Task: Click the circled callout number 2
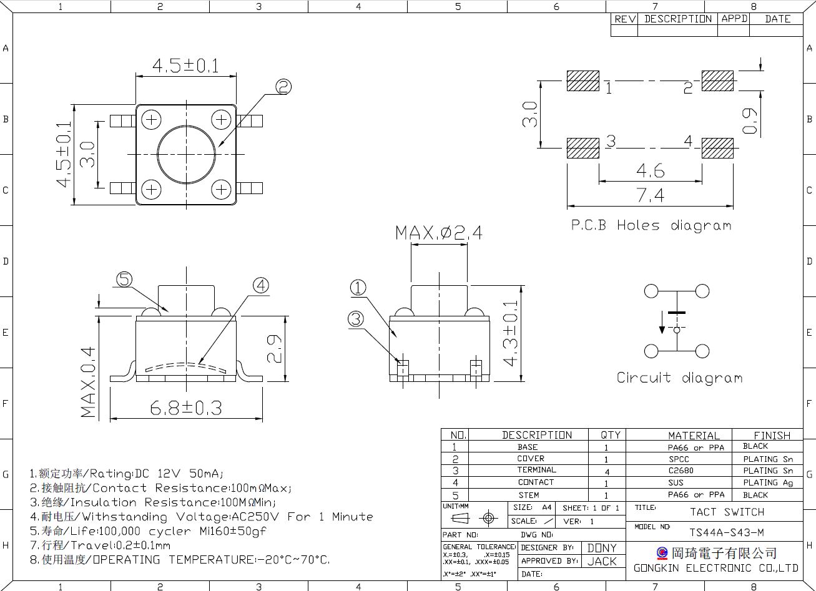point(283,87)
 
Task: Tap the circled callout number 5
point(124,280)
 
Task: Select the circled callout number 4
point(261,285)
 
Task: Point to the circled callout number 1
point(358,288)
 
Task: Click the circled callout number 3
point(356,319)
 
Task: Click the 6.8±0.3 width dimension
point(186,408)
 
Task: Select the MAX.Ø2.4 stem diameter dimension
point(439,233)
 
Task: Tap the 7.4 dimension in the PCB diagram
point(651,195)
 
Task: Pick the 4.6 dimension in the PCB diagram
point(651,170)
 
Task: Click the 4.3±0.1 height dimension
point(510,333)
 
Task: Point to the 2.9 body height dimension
point(274,349)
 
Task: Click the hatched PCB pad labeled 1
point(583,81)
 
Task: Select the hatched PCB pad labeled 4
point(717,148)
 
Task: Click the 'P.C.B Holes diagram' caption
point(651,225)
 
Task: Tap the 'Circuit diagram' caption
point(679,378)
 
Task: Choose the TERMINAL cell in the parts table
point(536,470)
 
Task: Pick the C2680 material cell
point(681,471)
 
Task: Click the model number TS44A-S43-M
point(727,532)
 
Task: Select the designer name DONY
point(602,548)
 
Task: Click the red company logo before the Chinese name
point(662,553)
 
